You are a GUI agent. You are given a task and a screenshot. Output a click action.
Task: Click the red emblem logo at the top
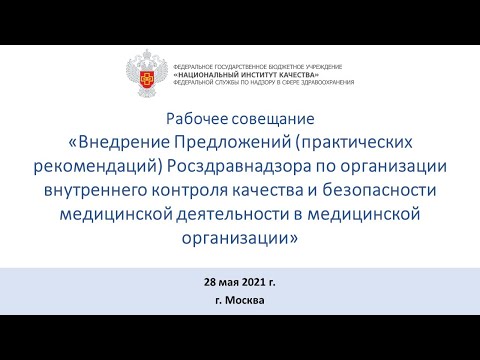(x=148, y=73)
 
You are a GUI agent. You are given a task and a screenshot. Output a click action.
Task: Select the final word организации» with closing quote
(x=239, y=234)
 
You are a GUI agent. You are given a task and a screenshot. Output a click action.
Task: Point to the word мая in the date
(x=222, y=281)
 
